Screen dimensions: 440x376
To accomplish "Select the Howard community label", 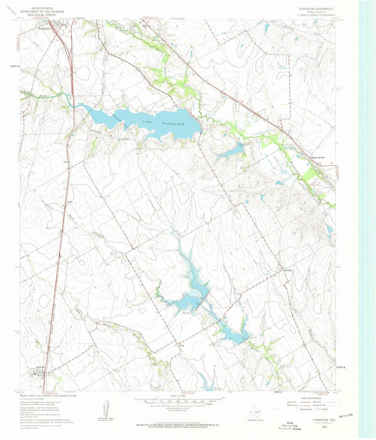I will (288, 270).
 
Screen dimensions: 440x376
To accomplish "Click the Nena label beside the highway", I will (65, 162).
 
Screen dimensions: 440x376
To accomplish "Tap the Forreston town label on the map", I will (40, 367).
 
